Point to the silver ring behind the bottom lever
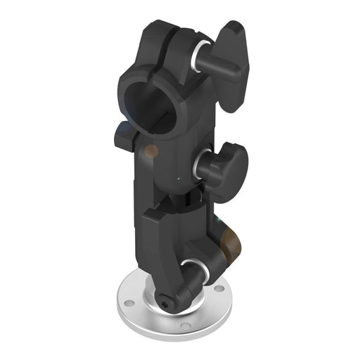coord(190,268)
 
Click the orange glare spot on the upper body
coord(150,150)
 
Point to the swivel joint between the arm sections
coord(181,198)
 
